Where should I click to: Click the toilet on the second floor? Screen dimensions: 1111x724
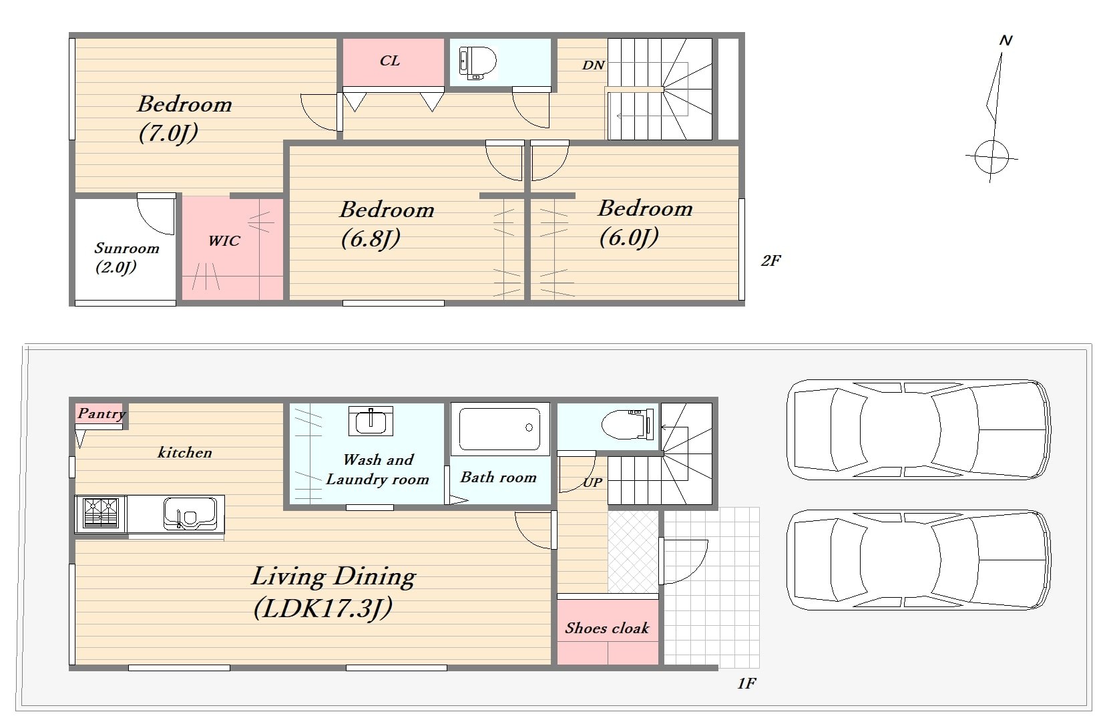(x=477, y=63)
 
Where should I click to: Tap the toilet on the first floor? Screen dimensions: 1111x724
(x=628, y=424)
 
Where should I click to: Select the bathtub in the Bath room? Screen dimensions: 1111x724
(x=499, y=429)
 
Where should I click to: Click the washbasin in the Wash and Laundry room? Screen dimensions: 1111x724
(x=371, y=421)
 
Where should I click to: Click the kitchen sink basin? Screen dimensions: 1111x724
(x=190, y=514)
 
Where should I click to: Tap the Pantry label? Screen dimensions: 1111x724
(x=101, y=413)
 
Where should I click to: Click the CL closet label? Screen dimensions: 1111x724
(x=390, y=61)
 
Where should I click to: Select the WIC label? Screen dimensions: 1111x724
(x=224, y=240)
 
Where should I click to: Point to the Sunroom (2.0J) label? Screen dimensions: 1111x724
(x=126, y=258)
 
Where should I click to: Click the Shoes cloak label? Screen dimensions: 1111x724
(x=607, y=628)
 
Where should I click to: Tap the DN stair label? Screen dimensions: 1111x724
(x=593, y=65)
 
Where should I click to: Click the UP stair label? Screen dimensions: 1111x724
(x=593, y=482)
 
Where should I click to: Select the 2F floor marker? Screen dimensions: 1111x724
(x=770, y=260)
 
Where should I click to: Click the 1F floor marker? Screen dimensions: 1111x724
(x=746, y=684)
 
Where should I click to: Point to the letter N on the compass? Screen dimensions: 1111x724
(x=1006, y=40)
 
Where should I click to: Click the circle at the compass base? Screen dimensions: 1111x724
(x=991, y=158)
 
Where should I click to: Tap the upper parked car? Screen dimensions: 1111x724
(x=918, y=429)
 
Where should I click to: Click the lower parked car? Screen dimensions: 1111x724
(x=918, y=560)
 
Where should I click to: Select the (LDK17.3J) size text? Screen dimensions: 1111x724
(x=323, y=608)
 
